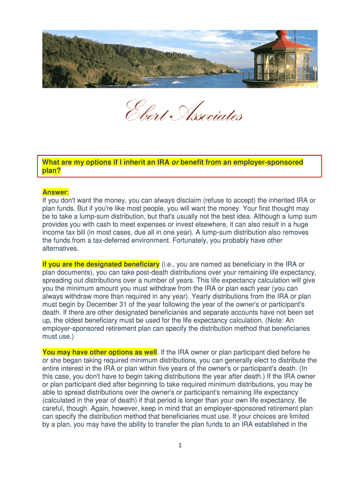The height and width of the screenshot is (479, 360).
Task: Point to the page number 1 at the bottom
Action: pos(180,445)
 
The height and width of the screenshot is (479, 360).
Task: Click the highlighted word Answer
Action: pos(55,192)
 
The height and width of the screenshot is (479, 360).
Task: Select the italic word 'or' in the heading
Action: pos(176,162)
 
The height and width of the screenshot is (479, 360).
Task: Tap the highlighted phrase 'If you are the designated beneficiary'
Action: pos(101,265)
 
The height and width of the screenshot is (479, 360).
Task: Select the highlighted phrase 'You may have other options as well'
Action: pos(100,352)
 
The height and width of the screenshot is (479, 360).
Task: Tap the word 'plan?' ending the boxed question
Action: pos(51,171)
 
